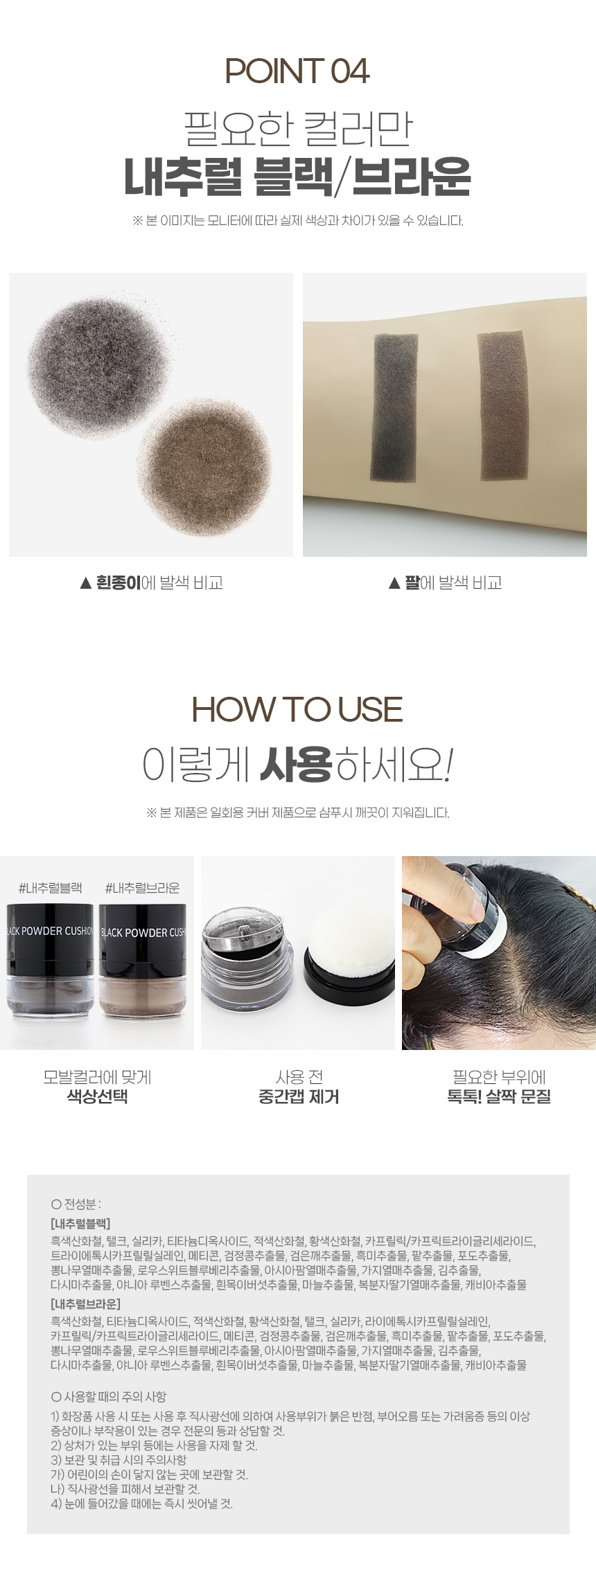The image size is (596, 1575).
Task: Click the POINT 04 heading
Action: (x=297, y=71)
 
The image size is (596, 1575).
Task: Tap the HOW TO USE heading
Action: (x=297, y=710)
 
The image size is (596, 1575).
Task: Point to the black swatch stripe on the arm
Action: (x=396, y=409)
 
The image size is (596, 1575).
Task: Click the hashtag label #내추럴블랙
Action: (x=50, y=888)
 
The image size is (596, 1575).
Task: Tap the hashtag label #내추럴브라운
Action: (x=142, y=888)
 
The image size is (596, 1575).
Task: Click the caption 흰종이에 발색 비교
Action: (x=151, y=583)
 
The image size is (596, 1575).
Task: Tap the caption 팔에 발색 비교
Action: (x=445, y=583)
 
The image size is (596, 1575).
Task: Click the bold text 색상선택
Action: (x=97, y=1096)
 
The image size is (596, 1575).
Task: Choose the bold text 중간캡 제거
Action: (x=299, y=1096)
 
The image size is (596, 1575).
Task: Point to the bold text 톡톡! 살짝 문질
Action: (x=499, y=1096)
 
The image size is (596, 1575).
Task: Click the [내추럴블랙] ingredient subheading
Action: (x=80, y=1223)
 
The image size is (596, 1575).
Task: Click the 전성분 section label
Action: (x=76, y=1204)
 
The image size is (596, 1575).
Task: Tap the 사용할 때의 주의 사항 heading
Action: (x=109, y=1396)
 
